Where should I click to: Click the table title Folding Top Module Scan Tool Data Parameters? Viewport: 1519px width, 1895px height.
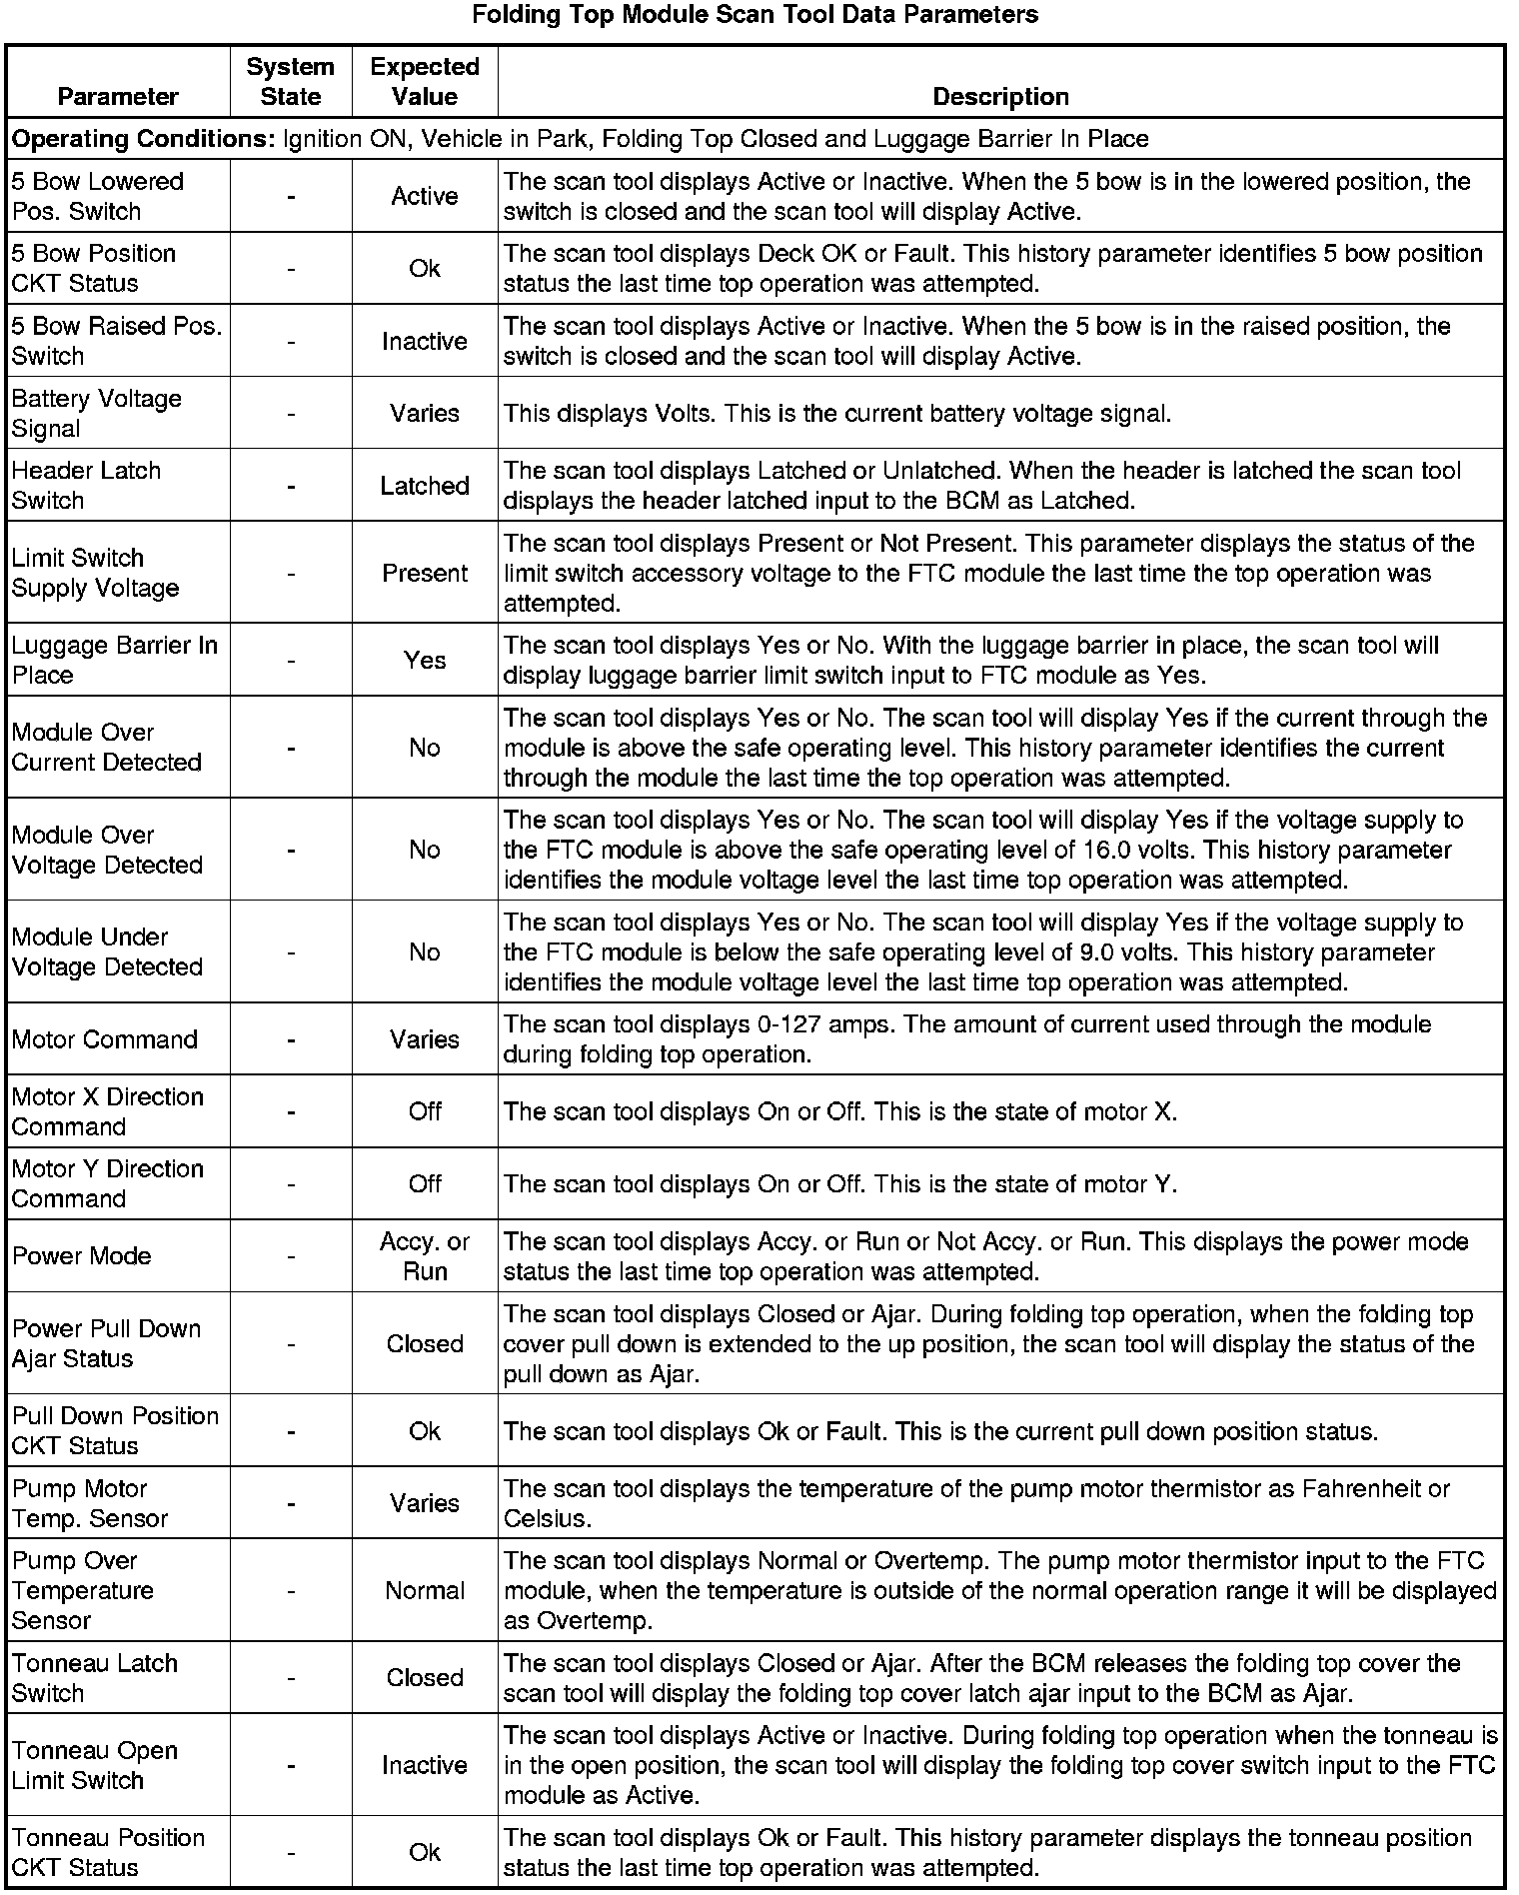[755, 15]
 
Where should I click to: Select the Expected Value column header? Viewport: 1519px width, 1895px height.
[425, 81]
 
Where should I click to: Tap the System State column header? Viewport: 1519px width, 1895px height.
[291, 81]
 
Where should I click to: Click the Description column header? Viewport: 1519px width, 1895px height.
[1000, 96]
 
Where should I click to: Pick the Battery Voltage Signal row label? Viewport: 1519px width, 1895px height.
[97, 413]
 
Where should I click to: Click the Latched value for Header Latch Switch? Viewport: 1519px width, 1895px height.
[425, 486]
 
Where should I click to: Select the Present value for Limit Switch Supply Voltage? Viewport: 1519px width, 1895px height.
[425, 573]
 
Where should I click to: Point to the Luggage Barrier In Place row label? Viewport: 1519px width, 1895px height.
[114, 660]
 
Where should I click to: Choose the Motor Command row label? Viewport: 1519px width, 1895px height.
[105, 1039]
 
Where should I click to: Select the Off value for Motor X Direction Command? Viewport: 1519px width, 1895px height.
[425, 1111]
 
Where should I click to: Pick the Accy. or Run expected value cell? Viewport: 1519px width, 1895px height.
[425, 1256]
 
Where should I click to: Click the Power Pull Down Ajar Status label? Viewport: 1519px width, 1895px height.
[106, 1343]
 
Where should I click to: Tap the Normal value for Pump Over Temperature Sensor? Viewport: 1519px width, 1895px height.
[425, 1590]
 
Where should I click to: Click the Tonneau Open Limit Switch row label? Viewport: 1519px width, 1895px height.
[94, 1765]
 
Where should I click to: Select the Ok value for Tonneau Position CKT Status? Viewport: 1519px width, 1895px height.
[425, 1852]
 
